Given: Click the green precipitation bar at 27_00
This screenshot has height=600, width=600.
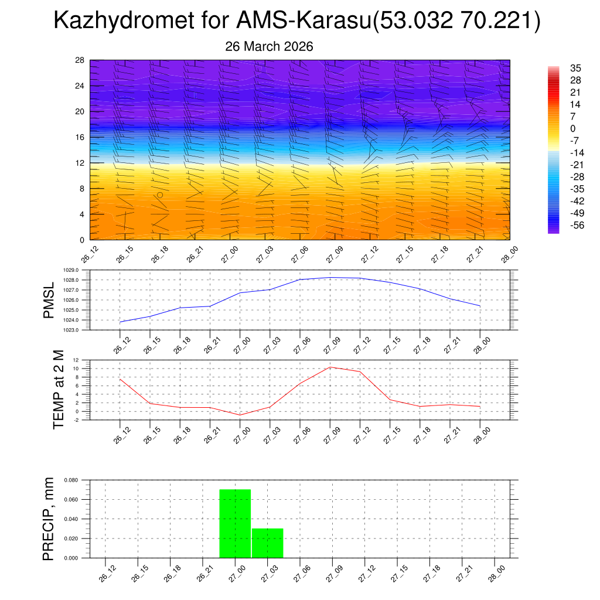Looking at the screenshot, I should pos(235,523).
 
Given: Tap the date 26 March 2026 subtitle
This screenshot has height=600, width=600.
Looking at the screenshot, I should pos(269,47).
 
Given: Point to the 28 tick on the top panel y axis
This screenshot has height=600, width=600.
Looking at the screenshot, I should pos(80,60).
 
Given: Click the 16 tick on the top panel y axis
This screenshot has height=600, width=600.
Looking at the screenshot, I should pos(80,137).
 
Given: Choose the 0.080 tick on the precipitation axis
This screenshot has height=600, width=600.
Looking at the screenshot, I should pos(71,480).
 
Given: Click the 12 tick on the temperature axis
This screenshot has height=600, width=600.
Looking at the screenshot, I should pos(76,360).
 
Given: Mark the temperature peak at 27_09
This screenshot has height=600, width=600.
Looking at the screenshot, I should pos(330,367).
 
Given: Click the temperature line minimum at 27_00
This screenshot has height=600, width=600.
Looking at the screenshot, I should pos(240,415).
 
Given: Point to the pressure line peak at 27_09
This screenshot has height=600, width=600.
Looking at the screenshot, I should pos(330,277).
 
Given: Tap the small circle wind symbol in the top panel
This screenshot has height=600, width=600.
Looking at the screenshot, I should pos(160,195).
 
